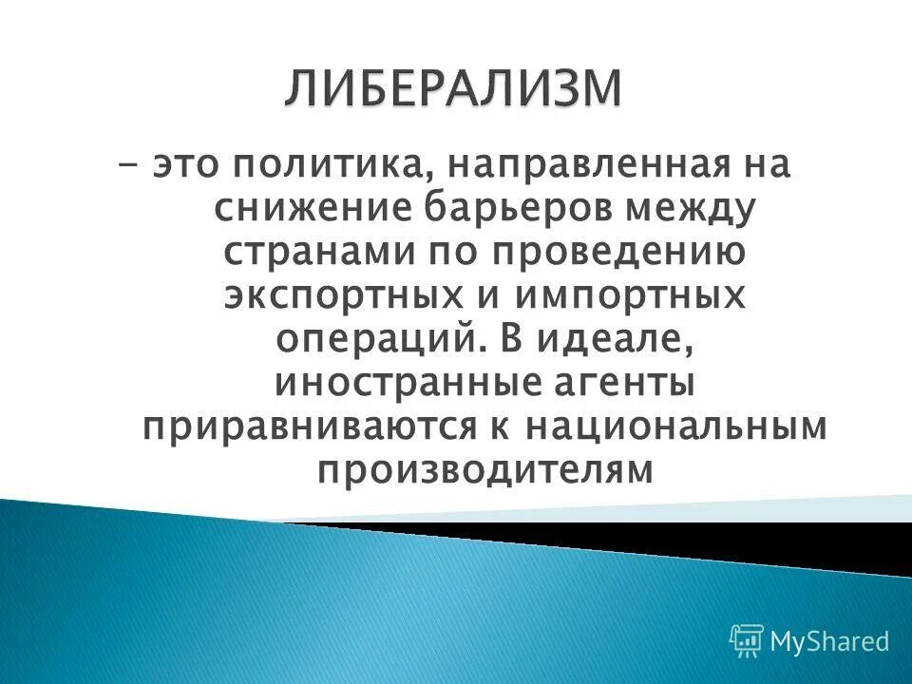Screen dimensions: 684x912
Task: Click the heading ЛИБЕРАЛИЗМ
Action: point(453,90)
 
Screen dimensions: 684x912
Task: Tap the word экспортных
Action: point(348,296)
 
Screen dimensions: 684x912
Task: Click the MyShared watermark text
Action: point(829,641)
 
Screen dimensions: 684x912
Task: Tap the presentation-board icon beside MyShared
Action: point(747,641)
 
